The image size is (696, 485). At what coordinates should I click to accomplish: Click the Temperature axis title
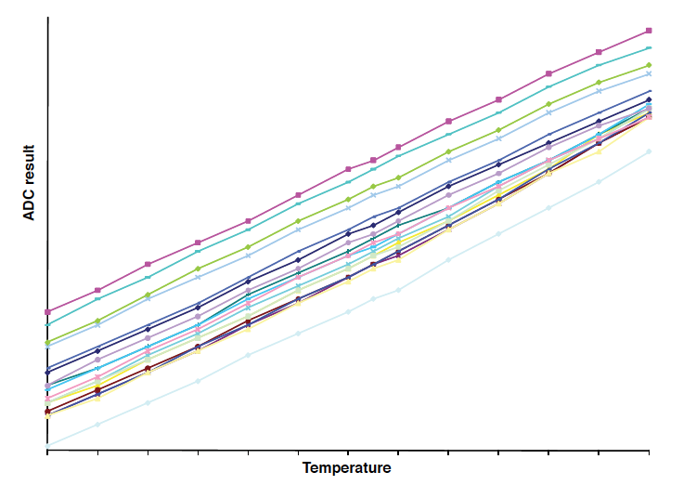pyautogui.click(x=346, y=467)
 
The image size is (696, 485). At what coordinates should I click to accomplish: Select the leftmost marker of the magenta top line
pyautogui.click(x=47, y=312)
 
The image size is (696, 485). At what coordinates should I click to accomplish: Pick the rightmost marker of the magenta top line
pyautogui.click(x=649, y=31)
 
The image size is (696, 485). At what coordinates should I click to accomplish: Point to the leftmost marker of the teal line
pyautogui.click(x=47, y=324)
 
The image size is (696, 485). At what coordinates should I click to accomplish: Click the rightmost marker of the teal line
pyautogui.click(x=649, y=47)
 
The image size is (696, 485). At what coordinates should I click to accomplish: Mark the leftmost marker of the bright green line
pyautogui.click(x=47, y=343)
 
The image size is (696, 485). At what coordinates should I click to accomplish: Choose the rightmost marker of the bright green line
pyautogui.click(x=649, y=65)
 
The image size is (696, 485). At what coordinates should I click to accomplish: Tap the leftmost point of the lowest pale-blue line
pyautogui.click(x=47, y=446)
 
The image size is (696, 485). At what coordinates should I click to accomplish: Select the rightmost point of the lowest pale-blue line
pyautogui.click(x=649, y=151)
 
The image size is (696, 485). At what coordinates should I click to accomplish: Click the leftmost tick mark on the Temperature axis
pyautogui.click(x=47, y=452)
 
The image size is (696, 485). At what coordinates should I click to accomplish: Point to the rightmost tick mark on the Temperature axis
pyautogui.click(x=649, y=452)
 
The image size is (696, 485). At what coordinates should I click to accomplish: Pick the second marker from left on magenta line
pyautogui.click(x=97, y=290)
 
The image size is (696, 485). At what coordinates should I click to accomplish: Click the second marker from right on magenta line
pyautogui.click(x=599, y=52)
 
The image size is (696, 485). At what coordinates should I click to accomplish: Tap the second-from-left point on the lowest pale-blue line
pyautogui.click(x=97, y=425)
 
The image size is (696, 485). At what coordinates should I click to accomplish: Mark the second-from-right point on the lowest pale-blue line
pyautogui.click(x=599, y=181)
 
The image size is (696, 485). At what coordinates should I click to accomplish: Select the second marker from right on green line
pyautogui.click(x=599, y=82)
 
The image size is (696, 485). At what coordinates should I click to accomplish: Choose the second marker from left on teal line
pyautogui.click(x=97, y=298)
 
